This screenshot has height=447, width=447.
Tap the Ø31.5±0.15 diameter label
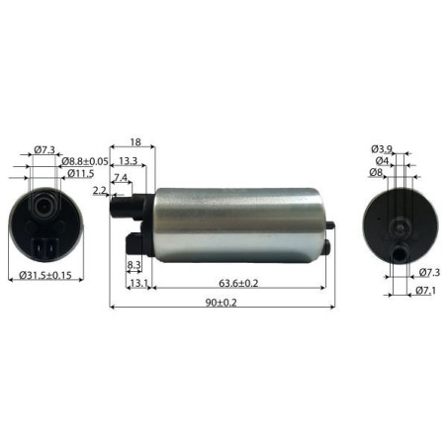tap(45, 277)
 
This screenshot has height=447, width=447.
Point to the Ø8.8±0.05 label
tap(84, 161)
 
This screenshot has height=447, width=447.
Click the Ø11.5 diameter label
tap(81, 174)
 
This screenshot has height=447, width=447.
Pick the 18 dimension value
tap(134, 143)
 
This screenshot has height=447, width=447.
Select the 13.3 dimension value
tap(128, 160)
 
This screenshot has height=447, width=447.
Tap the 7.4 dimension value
tap(121, 177)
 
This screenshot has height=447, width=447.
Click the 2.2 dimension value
tap(99, 189)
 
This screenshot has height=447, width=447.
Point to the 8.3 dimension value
tap(134, 265)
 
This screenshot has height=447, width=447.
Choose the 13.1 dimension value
tap(138, 282)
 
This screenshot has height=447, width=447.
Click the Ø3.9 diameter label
tap(383, 148)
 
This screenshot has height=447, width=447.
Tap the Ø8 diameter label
tap(377, 173)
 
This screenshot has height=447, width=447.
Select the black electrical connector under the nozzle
tap(137, 242)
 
